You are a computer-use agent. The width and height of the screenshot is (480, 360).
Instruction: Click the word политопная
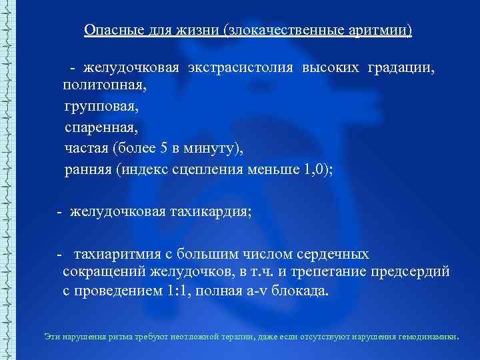click(103, 86)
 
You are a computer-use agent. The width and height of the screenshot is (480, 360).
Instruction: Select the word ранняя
click(88, 169)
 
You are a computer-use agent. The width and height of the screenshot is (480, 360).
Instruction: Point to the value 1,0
click(315, 169)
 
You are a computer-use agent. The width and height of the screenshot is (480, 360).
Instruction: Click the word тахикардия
click(207, 212)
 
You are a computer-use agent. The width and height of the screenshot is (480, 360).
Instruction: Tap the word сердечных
click(336, 254)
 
